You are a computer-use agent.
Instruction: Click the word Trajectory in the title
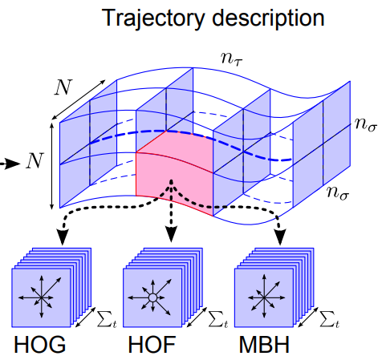(x=147, y=17)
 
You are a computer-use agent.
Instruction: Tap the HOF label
(x=149, y=346)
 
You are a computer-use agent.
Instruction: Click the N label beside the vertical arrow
(x=34, y=162)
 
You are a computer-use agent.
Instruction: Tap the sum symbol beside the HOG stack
(x=107, y=322)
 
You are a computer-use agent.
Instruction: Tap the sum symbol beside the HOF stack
(x=218, y=322)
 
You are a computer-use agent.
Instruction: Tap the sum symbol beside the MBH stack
(x=329, y=322)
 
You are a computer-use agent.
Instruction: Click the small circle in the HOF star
(x=150, y=298)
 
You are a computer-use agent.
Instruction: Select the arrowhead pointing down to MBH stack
(x=281, y=238)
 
